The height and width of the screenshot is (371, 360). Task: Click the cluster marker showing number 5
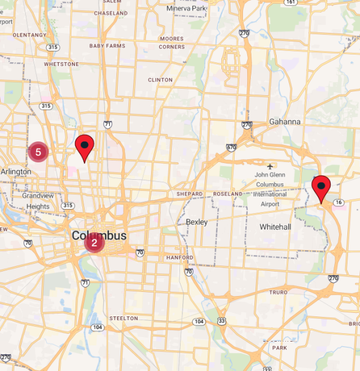[38, 152]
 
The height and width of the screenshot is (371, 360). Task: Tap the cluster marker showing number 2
[94, 243]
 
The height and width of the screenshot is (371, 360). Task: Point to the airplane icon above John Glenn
[270, 165]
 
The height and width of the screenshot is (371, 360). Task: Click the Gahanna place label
[284, 122]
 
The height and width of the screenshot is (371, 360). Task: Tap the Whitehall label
[275, 227]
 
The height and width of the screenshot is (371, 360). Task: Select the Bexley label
[197, 222]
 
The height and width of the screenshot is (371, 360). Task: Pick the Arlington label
[16, 171]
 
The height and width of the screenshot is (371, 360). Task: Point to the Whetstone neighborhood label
[61, 64]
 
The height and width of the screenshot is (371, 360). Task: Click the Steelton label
[124, 318]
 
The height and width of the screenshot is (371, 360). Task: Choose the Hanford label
[180, 258]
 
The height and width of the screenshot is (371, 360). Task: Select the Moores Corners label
[172, 43]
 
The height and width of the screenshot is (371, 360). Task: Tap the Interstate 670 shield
[232, 147]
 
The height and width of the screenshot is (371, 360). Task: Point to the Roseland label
[228, 194]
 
